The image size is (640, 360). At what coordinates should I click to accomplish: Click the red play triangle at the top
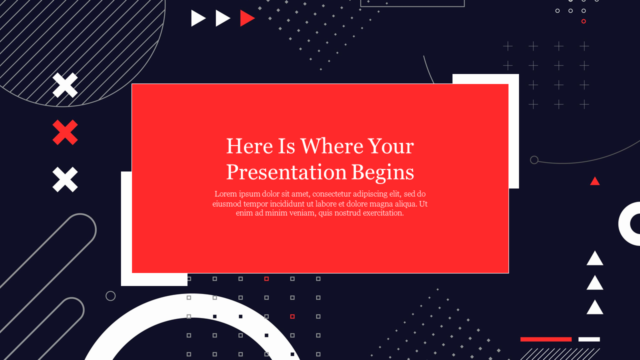[x=246, y=18]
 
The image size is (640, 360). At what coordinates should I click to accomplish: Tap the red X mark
[x=65, y=132]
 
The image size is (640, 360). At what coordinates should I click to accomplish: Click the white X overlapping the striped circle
[x=65, y=85]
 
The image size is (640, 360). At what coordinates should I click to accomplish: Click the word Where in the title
[x=331, y=146]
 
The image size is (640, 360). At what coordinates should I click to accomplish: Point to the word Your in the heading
[x=391, y=146]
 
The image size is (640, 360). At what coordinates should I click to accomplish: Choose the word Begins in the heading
[x=383, y=173]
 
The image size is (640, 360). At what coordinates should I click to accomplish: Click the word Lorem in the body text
[x=225, y=193]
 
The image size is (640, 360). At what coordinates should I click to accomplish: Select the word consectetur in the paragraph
[x=331, y=193]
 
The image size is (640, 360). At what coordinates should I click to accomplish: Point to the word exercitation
[x=383, y=213]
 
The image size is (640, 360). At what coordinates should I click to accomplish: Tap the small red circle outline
[x=583, y=21]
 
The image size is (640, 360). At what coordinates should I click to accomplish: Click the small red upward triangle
[x=595, y=181]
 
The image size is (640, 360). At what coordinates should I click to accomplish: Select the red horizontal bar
[x=546, y=339]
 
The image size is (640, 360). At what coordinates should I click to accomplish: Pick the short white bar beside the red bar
[x=589, y=339]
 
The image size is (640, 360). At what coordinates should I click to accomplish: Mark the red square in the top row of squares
[x=266, y=278]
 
